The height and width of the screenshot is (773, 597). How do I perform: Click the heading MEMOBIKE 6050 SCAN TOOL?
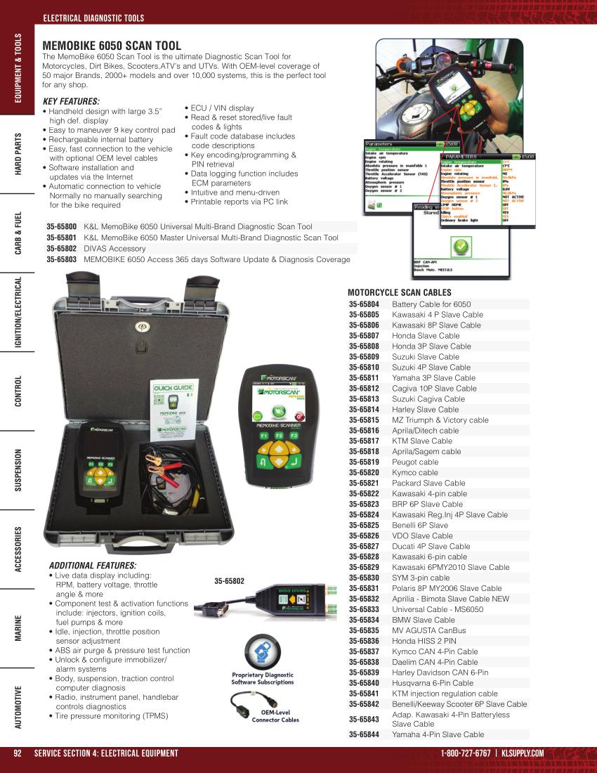pyautogui.click(x=112, y=46)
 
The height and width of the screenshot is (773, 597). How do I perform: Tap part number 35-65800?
pyautogui.click(x=61, y=227)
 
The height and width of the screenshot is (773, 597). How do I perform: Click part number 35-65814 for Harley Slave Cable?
pyautogui.click(x=364, y=409)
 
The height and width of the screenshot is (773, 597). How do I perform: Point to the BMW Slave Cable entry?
pyautogui.click(x=423, y=620)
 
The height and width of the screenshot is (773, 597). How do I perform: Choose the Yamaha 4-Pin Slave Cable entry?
pyautogui.click(x=438, y=734)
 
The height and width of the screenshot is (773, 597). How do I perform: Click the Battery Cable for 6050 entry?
pyautogui.click(x=431, y=304)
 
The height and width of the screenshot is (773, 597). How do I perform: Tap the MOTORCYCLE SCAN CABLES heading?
pyautogui.click(x=399, y=292)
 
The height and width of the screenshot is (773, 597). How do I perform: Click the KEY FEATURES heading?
pyautogui.click(x=71, y=101)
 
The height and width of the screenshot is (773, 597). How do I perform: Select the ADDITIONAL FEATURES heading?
pyautogui.click(x=93, y=565)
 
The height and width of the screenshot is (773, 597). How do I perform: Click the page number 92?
pyautogui.click(x=19, y=753)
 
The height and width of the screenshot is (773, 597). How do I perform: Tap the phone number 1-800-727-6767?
pyautogui.click(x=466, y=753)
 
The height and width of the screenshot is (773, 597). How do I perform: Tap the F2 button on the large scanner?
pyautogui.click(x=279, y=436)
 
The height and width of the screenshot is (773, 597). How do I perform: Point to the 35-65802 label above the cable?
pyautogui.click(x=229, y=581)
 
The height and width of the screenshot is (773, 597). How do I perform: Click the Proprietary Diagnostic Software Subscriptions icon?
pyautogui.click(x=263, y=651)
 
